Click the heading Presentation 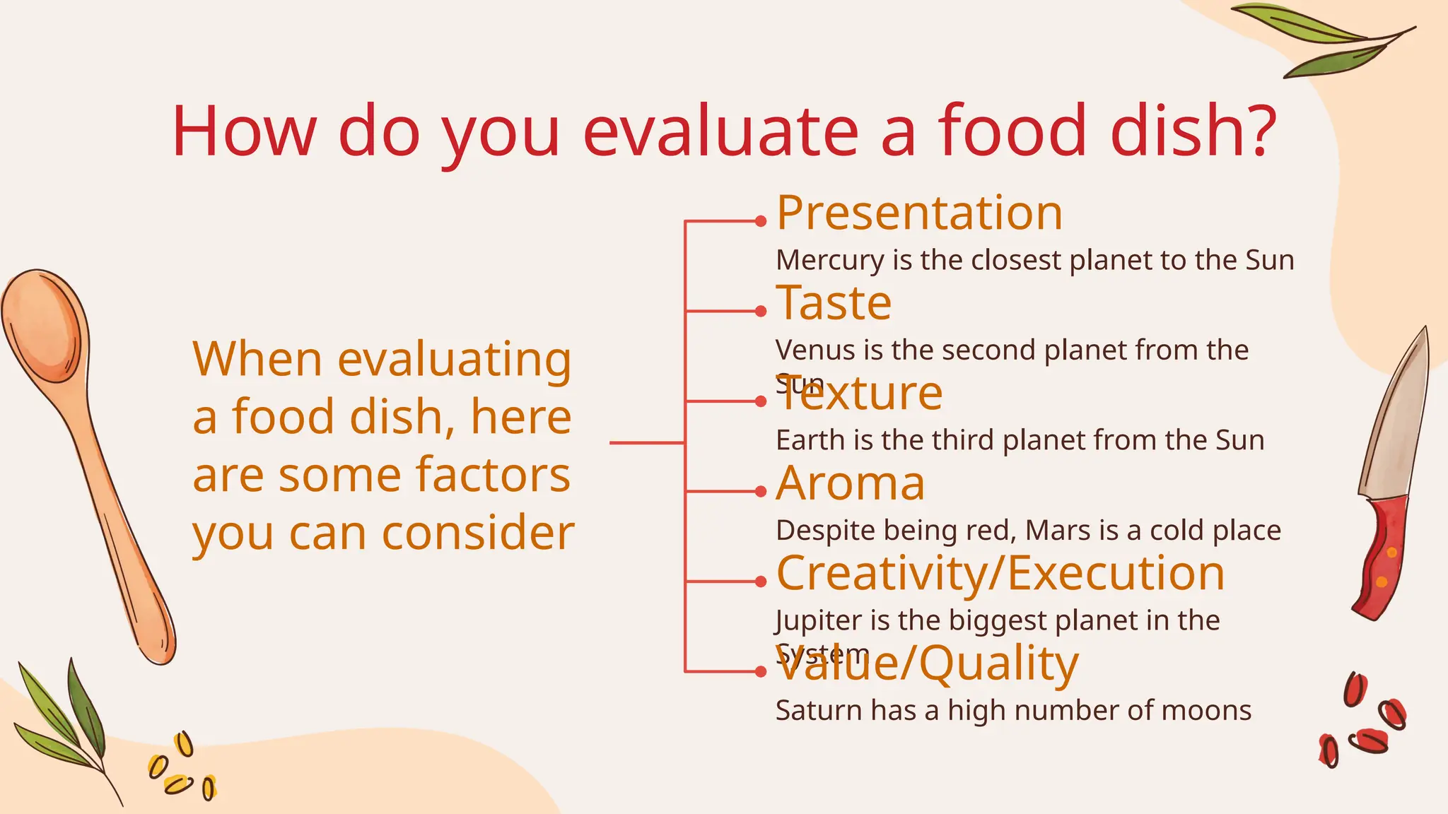[919, 213]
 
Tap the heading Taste [834, 303]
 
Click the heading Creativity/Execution [1000, 573]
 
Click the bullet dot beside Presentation [761, 221]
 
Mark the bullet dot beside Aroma [761, 491]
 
